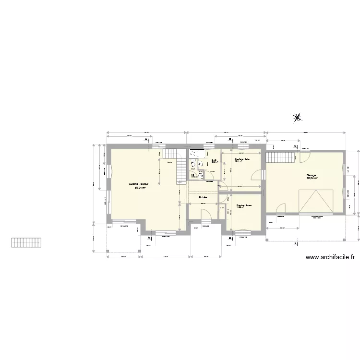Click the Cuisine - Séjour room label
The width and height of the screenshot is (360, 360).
(138, 184)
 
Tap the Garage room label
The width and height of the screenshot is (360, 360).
(312, 175)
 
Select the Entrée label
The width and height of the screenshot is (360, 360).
(203, 197)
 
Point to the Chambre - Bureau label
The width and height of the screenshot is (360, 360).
(244, 205)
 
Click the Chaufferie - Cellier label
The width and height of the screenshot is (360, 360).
(242, 159)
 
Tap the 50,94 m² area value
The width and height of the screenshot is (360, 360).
(140, 188)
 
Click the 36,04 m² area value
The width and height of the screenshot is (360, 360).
(312, 179)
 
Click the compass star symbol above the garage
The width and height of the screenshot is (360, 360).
(297, 117)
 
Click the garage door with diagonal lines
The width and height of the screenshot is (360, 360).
(315, 200)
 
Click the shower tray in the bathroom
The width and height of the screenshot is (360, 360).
(196, 154)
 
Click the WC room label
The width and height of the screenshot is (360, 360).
(192, 175)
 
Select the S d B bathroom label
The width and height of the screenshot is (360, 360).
(215, 160)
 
